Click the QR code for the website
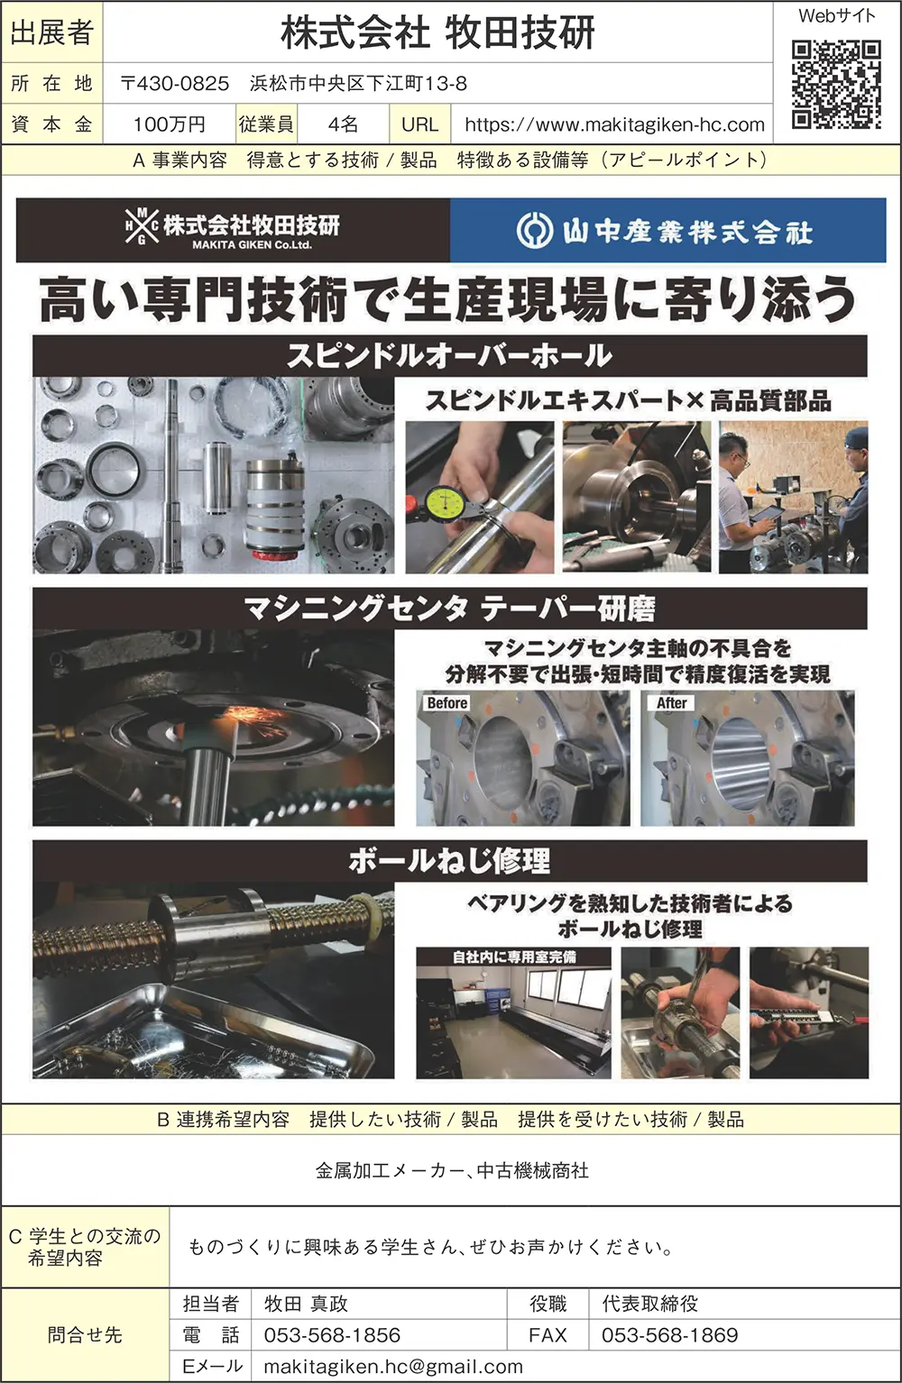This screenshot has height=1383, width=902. point(836,85)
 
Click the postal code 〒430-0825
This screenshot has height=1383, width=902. point(175,83)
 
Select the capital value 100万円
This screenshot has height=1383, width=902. point(170,124)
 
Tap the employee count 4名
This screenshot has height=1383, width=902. point(343,124)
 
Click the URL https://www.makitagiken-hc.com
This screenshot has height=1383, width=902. point(615,124)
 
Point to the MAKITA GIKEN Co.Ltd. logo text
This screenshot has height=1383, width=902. point(252,244)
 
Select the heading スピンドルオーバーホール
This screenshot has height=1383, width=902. point(450,356)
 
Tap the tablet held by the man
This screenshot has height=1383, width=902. point(763,512)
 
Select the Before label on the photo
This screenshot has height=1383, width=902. point(446,702)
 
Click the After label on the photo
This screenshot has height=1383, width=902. point(672,702)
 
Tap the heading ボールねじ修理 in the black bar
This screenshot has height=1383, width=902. point(449,861)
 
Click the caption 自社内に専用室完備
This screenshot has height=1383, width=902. point(514,957)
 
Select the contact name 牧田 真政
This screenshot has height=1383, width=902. point(306,1304)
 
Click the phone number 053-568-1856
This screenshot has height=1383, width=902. point(332,1335)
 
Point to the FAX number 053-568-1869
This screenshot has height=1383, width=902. point(669,1335)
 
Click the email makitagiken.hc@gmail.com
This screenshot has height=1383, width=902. point(393,1367)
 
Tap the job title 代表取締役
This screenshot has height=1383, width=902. point(650,1304)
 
